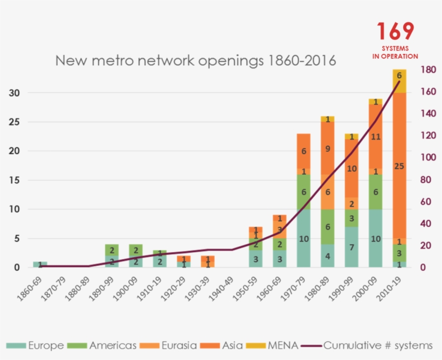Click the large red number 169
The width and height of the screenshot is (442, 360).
click(x=395, y=31)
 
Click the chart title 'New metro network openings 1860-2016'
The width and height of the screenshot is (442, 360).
click(x=196, y=60)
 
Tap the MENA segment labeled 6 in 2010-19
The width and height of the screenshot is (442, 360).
click(x=399, y=76)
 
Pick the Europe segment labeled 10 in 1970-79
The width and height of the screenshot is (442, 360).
click(x=303, y=238)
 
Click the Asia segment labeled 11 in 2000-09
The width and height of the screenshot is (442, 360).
click(x=376, y=136)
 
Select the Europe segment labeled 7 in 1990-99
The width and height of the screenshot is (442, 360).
click(x=351, y=247)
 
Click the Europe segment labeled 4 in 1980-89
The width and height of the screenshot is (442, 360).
click(x=328, y=255)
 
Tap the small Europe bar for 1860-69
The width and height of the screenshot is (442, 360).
click(x=40, y=264)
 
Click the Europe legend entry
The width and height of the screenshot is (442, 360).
click(x=36, y=345)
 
